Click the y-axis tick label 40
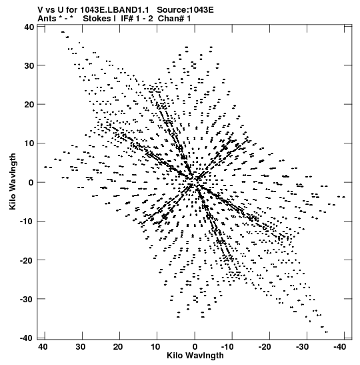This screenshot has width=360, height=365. click(29, 27)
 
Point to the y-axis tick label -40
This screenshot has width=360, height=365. click(27, 338)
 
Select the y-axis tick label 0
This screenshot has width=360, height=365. click(31, 183)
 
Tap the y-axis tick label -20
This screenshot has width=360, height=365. click(27, 260)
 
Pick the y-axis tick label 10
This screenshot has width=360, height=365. click(29, 143)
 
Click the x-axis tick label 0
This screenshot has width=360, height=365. click(195, 347)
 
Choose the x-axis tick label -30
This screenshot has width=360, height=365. click(302, 347)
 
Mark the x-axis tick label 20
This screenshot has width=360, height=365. click(118, 347)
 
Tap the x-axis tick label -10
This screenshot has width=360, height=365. click(227, 347)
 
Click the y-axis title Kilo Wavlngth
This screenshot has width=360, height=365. click(13, 181)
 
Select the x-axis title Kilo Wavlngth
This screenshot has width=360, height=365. click(195, 356)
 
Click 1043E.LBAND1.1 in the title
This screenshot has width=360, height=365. click(115, 10)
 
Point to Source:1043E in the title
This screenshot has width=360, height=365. click(185, 10)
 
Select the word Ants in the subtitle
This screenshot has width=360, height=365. click(47, 19)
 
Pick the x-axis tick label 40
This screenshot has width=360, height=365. click(43, 347)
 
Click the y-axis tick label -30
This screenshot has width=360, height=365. click(27, 299)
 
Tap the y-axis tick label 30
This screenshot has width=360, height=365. click(29, 66)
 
